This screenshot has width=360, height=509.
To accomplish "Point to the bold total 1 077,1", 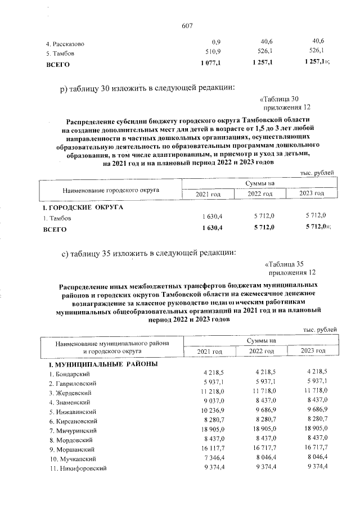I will point(210,64).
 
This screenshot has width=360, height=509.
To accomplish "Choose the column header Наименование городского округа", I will point(111,190).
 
